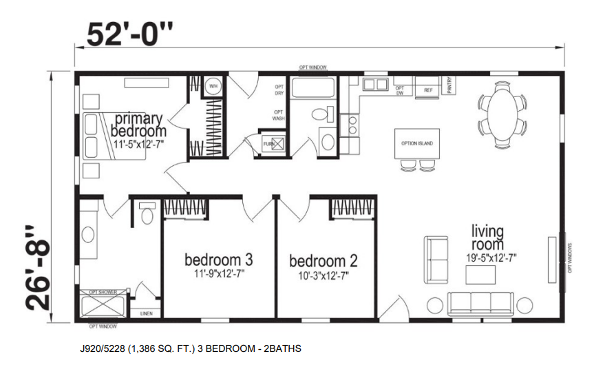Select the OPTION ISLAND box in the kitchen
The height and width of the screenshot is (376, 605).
[x=417, y=143]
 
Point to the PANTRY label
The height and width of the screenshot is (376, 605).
[x=450, y=85]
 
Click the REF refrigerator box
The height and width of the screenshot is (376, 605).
[x=427, y=90]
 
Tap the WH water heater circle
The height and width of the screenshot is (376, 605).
[x=213, y=87]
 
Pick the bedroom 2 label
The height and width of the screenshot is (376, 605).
[x=323, y=261]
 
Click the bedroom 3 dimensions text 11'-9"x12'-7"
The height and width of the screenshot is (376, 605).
[x=218, y=273]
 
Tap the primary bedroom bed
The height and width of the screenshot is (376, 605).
[x=114, y=135]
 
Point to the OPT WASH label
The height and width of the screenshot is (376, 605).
[x=278, y=115]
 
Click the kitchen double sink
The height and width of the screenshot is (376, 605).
[x=375, y=85]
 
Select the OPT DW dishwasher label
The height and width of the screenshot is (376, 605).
[x=400, y=90]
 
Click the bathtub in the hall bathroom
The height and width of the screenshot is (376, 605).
[x=313, y=88]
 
